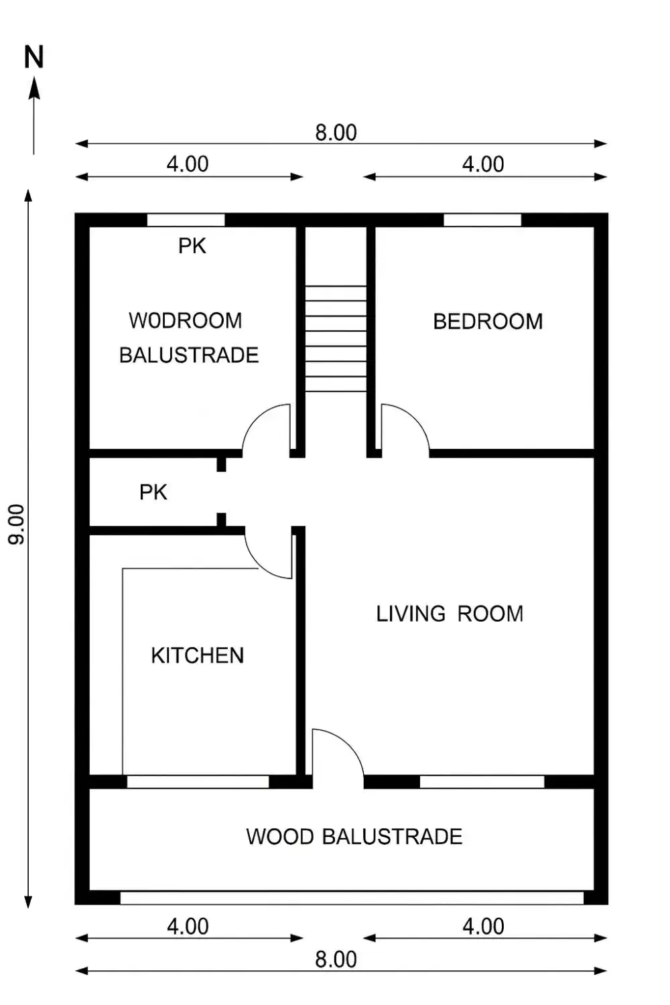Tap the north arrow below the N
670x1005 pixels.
[x=33, y=116]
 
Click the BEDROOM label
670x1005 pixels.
[x=488, y=322]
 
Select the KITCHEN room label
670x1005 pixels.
[x=198, y=655]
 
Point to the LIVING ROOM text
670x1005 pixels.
[x=450, y=614]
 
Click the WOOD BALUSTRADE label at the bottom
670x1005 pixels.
[x=354, y=837]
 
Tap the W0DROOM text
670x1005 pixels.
[x=186, y=321]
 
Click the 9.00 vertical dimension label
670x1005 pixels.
[x=17, y=524]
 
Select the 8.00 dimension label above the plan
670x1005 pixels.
[x=336, y=133]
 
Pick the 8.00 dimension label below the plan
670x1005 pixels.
[x=336, y=959]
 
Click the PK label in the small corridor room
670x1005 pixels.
[x=153, y=492]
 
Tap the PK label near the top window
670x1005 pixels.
[x=192, y=246]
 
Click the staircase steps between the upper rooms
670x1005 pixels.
[x=336, y=339]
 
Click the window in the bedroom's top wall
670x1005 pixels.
[x=482, y=220]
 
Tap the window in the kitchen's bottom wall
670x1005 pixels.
[x=198, y=782]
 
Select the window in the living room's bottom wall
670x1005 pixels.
[x=482, y=782]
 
